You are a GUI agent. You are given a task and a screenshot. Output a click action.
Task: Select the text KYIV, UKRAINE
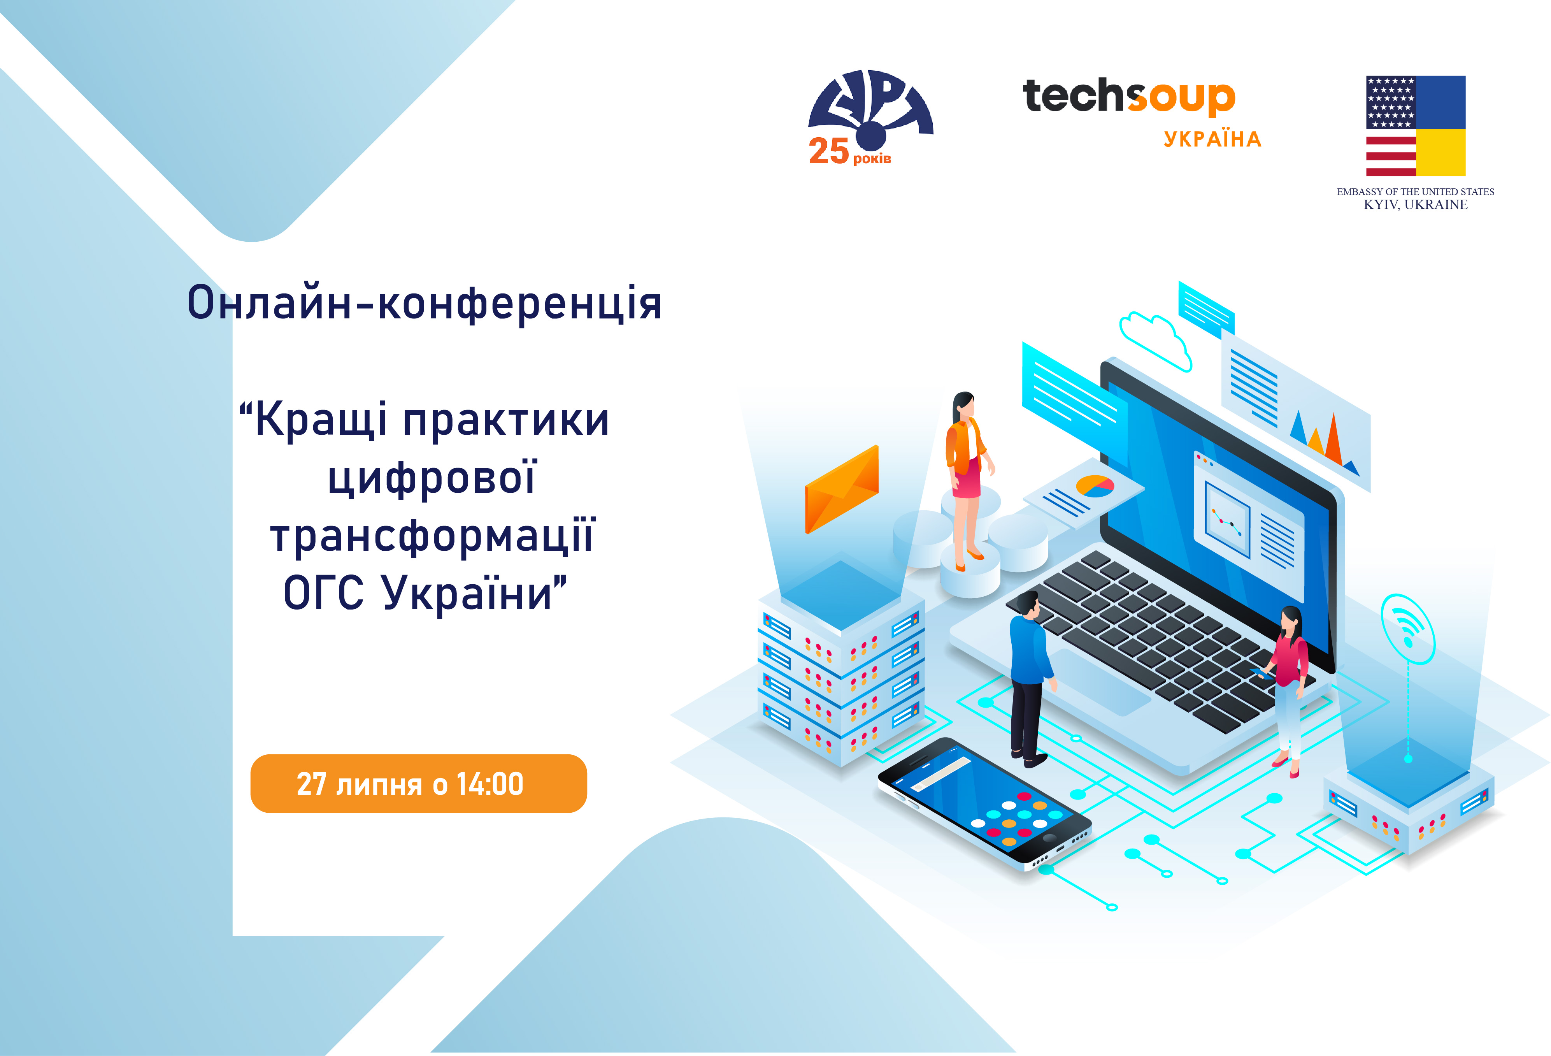(x=1416, y=205)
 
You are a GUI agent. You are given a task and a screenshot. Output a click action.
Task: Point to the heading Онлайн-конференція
(x=425, y=303)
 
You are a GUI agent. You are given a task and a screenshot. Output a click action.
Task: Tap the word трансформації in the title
(x=432, y=536)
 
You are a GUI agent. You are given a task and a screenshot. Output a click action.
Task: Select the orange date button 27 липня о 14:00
(x=418, y=784)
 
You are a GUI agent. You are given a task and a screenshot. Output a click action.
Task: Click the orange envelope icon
(x=842, y=489)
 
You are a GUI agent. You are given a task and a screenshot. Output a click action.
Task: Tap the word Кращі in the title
(x=321, y=420)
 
